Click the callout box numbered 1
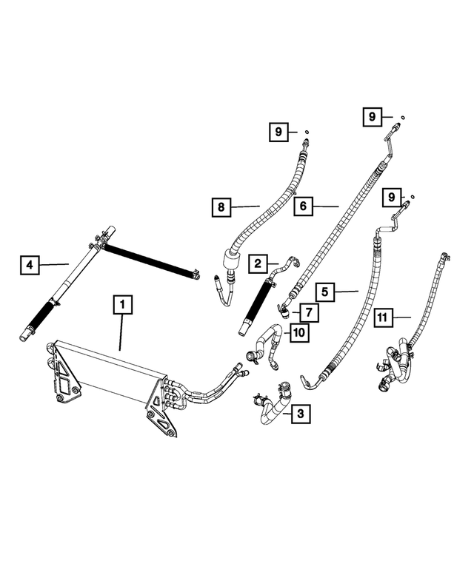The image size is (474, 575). pyautogui.click(x=123, y=304)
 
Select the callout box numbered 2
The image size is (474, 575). pyautogui.click(x=258, y=263)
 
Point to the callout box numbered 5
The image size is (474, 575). pyautogui.click(x=324, y=291)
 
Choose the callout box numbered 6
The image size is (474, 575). pyautogui.click(x=303, y=206)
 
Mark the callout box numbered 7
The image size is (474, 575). pyautogui.click(x=308, y=312)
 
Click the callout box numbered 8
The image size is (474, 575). pyautogui.click(x=220, y=207)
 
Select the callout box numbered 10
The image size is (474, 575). pyautogui.click(x=298, y=333)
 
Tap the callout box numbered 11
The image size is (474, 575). pyautogui.click(x=382, y=317)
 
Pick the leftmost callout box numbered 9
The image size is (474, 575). pyautogui.click(x=278, y=132)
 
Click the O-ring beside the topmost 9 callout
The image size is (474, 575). pyautogui.click(x=402, y=116)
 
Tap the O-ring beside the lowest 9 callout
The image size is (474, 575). pyautogui.click(x=413, y=196)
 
